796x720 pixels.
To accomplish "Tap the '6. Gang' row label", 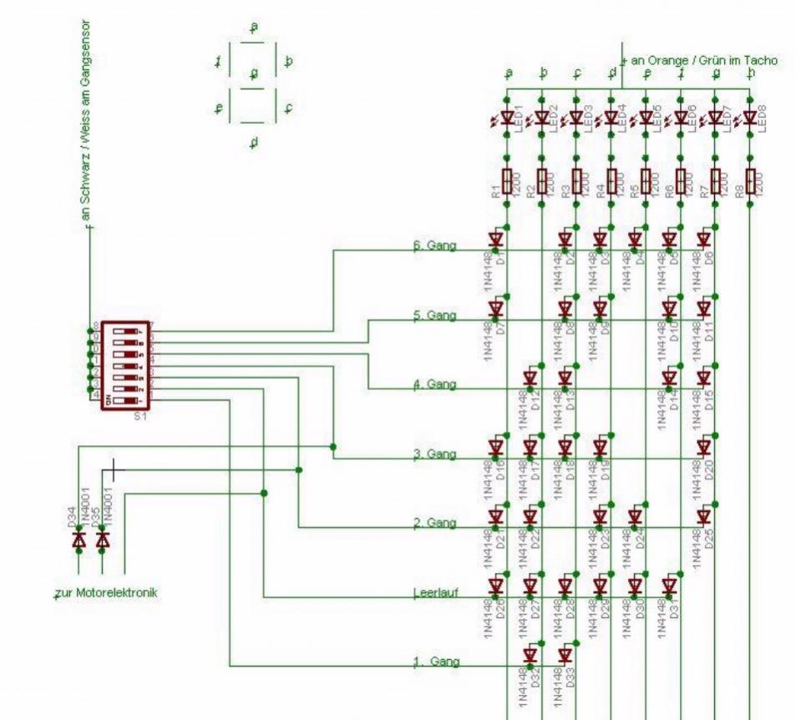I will pos(434,247).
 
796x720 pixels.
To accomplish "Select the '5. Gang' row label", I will pos(434,316).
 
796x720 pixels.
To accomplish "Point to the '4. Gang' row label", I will pos(434,385).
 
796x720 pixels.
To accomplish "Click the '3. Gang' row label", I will pos(434,454).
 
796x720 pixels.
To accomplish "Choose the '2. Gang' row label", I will pos(434,524).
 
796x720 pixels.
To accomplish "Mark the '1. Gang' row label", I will pos(436,662).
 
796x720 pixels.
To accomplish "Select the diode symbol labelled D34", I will pos(79,541).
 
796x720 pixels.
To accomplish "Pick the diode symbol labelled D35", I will pos(103,541).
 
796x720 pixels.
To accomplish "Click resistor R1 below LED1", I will pos(507,179).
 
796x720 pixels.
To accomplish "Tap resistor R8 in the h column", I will pos(749,179).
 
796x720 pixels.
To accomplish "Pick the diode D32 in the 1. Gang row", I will pos(530,655).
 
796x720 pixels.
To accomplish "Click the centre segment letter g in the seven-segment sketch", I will pos(255,74).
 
